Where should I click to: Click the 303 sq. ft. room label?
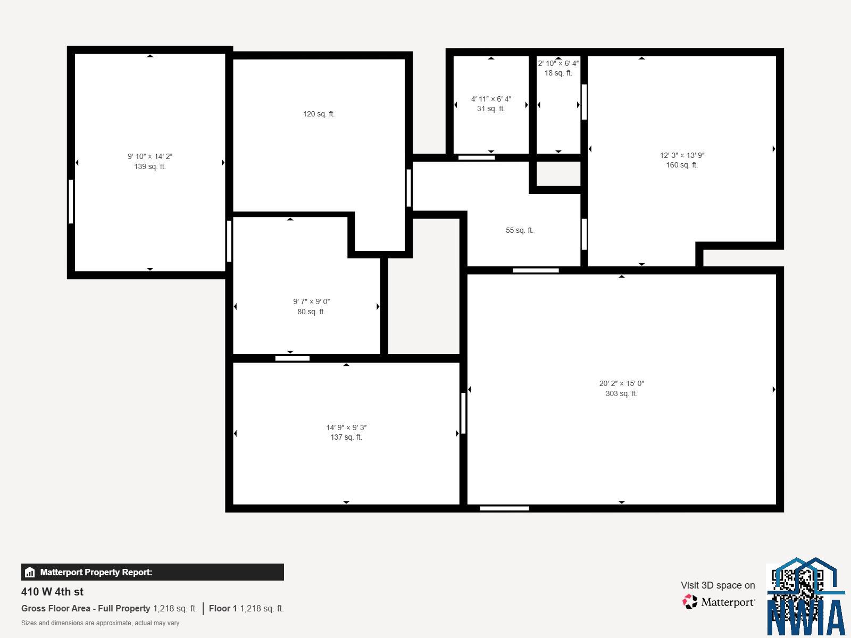click(621, 393)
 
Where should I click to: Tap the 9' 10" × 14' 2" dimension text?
click(150, 156)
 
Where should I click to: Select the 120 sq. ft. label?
click(319, 114)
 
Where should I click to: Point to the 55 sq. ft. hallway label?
click(520, 231)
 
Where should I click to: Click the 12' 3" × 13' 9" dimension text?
click(682, 155)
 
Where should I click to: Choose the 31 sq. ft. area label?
click(491, 109)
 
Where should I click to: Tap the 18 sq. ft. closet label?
click(558, 73)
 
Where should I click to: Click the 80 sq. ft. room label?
click(311, 312)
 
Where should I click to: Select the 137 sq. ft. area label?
click(346, 438)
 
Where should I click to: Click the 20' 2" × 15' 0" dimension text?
click(621, 383)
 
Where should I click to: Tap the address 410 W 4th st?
click(52, 592)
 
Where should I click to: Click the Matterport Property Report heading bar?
click(152, 572)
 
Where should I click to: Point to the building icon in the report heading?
click(30, 572)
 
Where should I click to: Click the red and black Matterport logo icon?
click(690, 602)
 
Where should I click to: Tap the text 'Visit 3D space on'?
click(717, 585)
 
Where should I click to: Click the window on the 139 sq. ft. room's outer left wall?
click(71, 202)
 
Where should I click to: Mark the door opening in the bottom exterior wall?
click(504, 508)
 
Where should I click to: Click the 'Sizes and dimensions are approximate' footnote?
click(101, 623)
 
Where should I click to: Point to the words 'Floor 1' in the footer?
click(223, 608)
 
